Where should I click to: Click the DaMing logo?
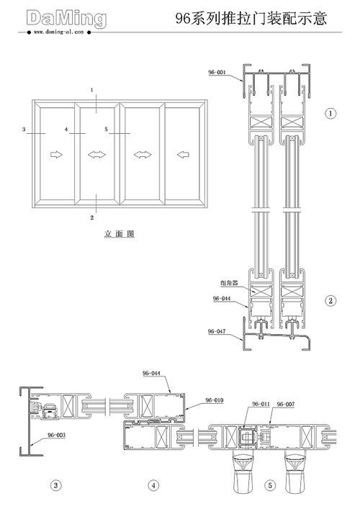click(x=66, y=19)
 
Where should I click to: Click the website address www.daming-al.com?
click(x=59, y=32)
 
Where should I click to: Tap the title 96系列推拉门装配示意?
click(x=251, y=18)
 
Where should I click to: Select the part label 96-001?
click(x=217, y=72)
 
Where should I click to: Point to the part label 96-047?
click(x=217, y=331)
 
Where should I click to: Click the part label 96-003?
click(x=56, y=435)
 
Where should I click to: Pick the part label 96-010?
click(x=215, y=400)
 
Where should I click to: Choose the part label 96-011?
click(x=261, y=404)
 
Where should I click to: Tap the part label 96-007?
click(x=286, y=404)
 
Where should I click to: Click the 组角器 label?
click(x=229, y=283)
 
